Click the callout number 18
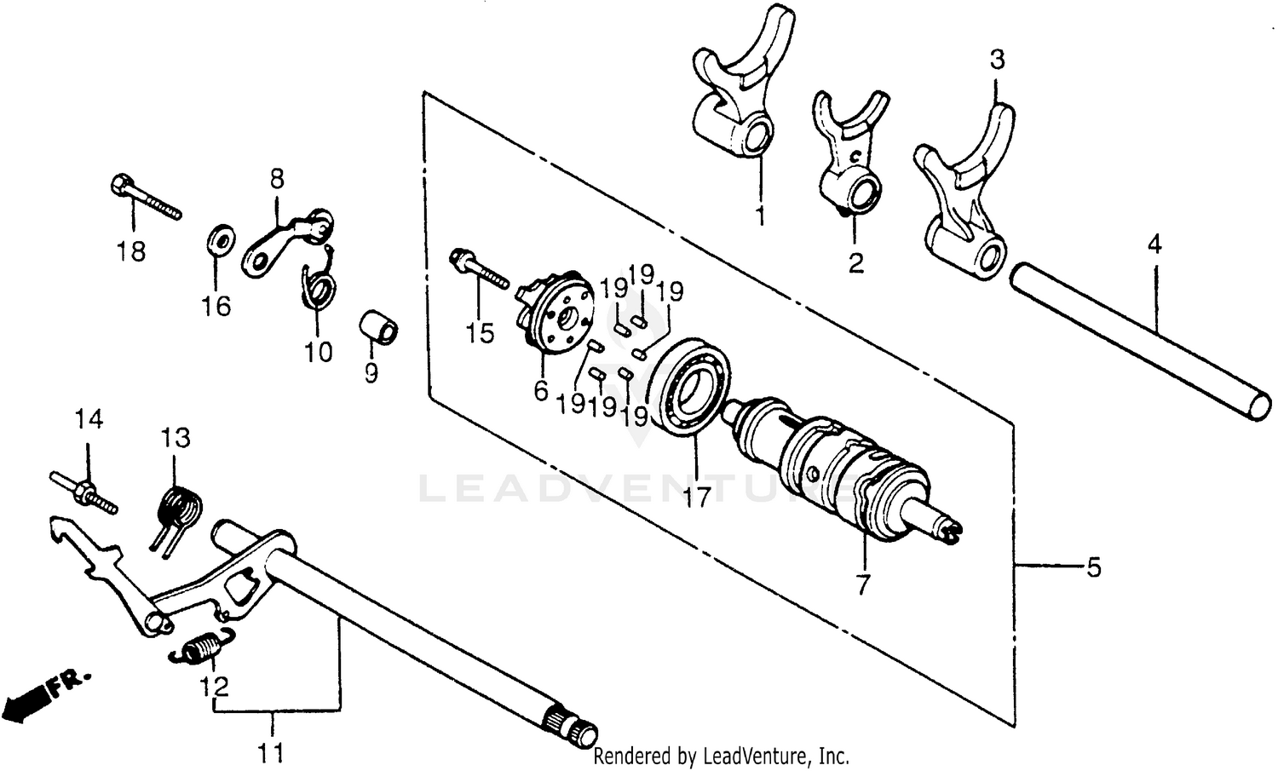(x=132, y=252)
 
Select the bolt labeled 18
(x=145, y=198)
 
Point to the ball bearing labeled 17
(x=690, y=388)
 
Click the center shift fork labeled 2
(x=847, y=162)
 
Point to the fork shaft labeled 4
(x=1133, y=341)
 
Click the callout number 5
(x=1093, y=567)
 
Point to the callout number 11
(x=272, y=752)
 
